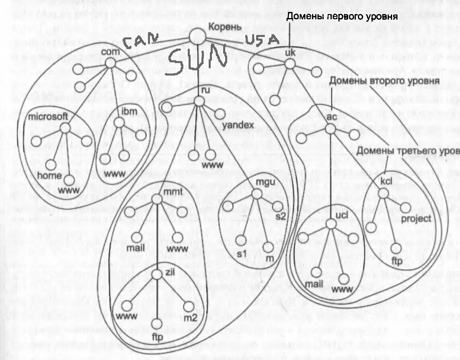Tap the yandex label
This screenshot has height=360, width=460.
(x=238, y=125)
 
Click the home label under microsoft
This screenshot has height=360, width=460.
(x=50, y=176)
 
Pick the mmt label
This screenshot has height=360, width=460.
(x=173, y=191)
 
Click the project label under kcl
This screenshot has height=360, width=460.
(x=416, y=219)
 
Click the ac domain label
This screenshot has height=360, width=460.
(x=331, y=117)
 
